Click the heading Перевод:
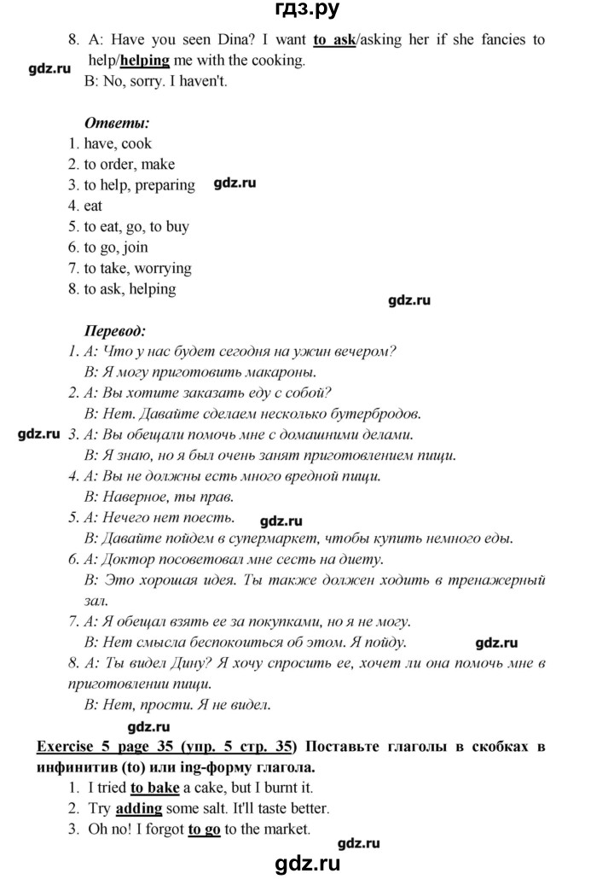click(x=115, y=329)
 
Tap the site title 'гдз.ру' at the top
click(x=307, y=9)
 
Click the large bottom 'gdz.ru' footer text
click(x=308, y=863)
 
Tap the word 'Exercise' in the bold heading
click(x=67, y=746)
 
